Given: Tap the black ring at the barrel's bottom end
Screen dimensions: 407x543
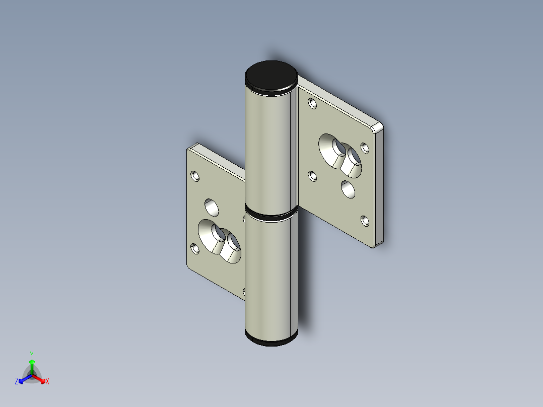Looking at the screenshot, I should pyautogui.click(x=271, y=341).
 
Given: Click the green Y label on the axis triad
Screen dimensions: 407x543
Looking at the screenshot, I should pyautogui.click(x=31, y=354).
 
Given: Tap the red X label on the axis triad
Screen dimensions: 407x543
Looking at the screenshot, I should pyautogui.click(x=47, y=382).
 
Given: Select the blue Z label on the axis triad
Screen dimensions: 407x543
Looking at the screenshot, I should pyautogui.click(x=17, y=381).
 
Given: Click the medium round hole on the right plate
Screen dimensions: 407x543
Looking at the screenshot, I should pyautogui.click(x=347, y=189).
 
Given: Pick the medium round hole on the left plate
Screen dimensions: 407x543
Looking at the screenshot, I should pyautogui.click(x=212, y=207).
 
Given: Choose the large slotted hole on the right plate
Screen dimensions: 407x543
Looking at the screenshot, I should pyautogui.click(x=341, y=155).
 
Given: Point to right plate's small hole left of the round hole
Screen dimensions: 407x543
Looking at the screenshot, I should pyautogui.click(x=312, y=176).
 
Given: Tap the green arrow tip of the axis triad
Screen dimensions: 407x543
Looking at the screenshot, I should pyautogui.click(x=32, y=361).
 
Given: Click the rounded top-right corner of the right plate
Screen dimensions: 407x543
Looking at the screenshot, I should pyautogui.click(x=379, y=126).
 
